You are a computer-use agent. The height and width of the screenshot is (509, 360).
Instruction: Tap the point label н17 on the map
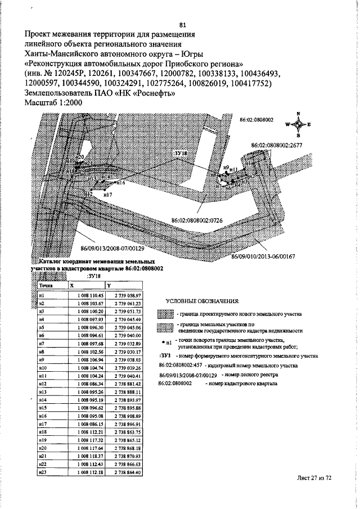(109, 195)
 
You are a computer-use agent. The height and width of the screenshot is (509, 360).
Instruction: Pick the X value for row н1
(85, 294)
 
